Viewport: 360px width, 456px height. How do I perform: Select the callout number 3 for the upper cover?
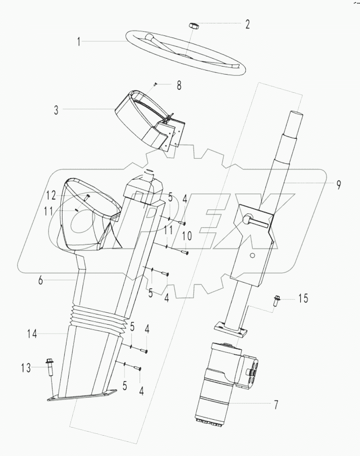56,110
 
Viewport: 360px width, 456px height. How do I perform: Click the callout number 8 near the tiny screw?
179,86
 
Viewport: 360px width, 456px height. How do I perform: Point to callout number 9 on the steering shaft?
338,185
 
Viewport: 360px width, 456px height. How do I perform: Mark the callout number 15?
302,299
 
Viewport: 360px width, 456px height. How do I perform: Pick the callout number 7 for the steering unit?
275,405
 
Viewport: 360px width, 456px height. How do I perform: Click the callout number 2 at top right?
247,24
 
